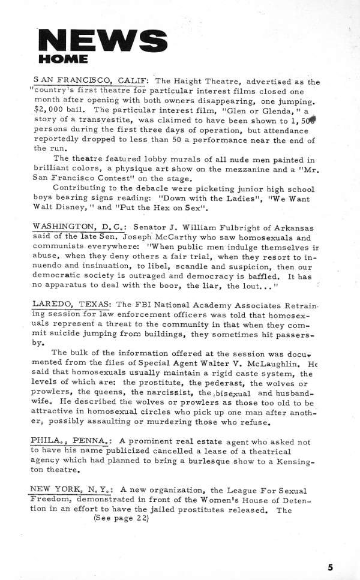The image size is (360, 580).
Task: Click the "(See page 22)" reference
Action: pyautogui.click(x=121, y=518)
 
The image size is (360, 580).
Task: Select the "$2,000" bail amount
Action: pyautogui.click(x=50, y=110)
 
